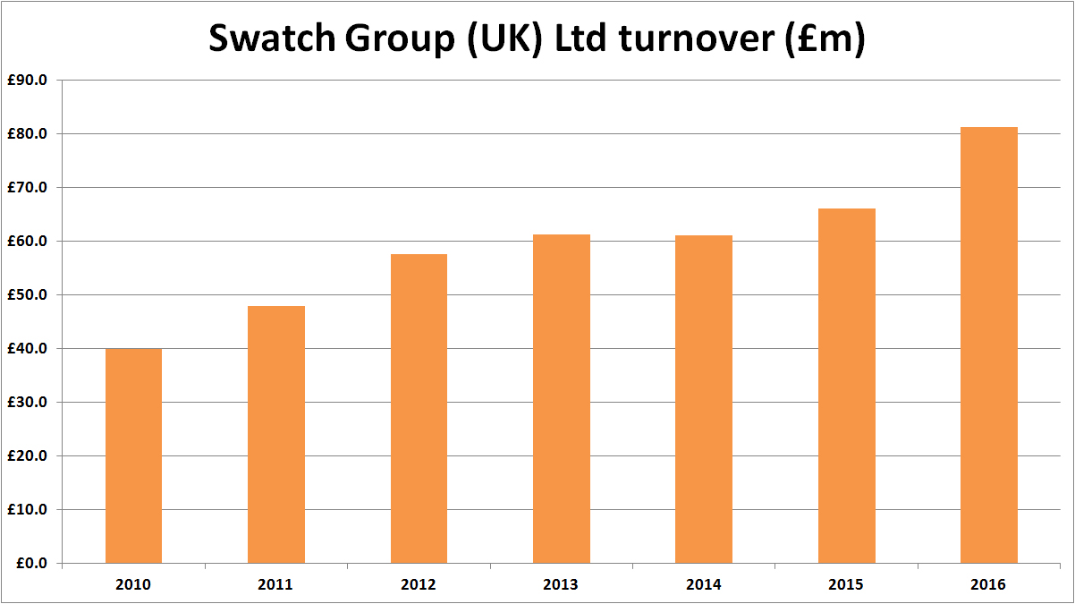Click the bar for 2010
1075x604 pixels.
(133, 455)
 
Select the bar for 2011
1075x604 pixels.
(276, 435)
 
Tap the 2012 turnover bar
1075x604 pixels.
(419, 409)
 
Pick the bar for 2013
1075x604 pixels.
(561, 399)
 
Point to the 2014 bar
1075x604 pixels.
(704, 399)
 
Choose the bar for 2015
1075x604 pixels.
(846, 386)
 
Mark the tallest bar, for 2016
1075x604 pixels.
(988, 345)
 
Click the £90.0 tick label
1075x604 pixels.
(31, 81)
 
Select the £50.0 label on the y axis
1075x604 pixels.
(31, 295)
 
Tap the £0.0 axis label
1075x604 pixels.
(35, 564)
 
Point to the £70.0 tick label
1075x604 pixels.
(31, 188)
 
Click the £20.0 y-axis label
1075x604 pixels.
(31, 456)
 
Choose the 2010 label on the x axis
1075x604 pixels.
(133, 585)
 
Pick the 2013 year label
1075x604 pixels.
(561, 585)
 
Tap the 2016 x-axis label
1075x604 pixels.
(988, 585)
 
